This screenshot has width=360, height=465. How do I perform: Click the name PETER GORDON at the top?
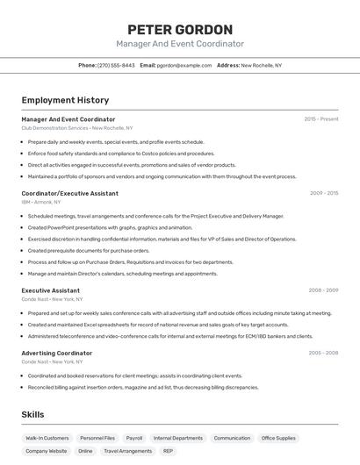180,29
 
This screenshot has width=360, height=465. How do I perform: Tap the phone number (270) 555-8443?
116,65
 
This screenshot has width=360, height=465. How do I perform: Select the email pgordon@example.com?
184,65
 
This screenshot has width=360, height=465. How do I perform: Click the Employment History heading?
65,100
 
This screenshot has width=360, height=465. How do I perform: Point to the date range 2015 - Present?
321,118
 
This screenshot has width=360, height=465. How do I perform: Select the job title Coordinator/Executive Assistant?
69,193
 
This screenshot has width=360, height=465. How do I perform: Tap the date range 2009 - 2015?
323,193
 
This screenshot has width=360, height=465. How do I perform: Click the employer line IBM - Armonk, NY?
41,202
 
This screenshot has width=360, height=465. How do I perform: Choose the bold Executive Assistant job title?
50,290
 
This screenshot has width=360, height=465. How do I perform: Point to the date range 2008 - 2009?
323,290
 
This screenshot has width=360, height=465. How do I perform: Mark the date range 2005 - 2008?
323,353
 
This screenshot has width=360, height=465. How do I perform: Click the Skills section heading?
33,414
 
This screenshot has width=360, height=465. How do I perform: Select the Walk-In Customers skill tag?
47,438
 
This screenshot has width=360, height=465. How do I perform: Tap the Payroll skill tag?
134,438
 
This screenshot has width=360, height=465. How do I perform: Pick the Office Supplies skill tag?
278,438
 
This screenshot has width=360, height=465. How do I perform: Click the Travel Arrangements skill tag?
127,451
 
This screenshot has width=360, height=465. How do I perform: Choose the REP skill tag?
168,451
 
